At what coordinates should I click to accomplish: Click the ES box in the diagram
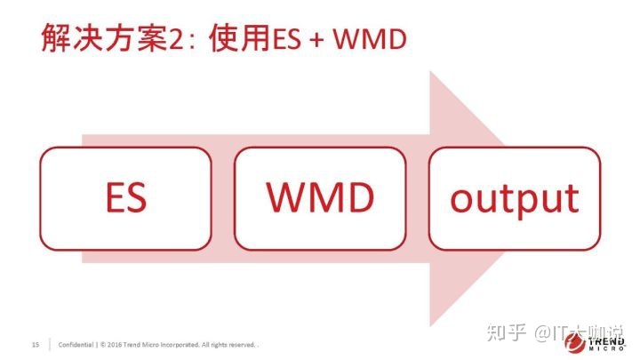tap(125, 199)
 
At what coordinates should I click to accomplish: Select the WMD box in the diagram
tap(320, 199)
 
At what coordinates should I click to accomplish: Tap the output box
tap(515, 199)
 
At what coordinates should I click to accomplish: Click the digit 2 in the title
tap(176, 40)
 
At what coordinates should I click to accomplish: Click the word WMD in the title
tap(370, 40)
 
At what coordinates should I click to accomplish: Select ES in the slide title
tap(287, 40)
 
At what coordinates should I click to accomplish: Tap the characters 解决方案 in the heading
tap(105, 38)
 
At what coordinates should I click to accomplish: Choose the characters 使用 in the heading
tap(240, 38)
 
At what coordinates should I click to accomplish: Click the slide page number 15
tap(36, 345)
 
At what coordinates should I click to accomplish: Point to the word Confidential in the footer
tap(76, 345)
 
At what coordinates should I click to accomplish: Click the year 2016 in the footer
tap(115, 345)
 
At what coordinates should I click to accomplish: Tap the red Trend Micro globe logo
tap(575, 341)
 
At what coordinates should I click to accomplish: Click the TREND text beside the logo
tap(606, 341)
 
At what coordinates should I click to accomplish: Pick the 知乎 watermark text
tap(506, 332)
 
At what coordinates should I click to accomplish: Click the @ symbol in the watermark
tap(543, 333)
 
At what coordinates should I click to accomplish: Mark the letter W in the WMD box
tap(285, 197)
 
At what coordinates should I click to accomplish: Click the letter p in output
tap(536, 203)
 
